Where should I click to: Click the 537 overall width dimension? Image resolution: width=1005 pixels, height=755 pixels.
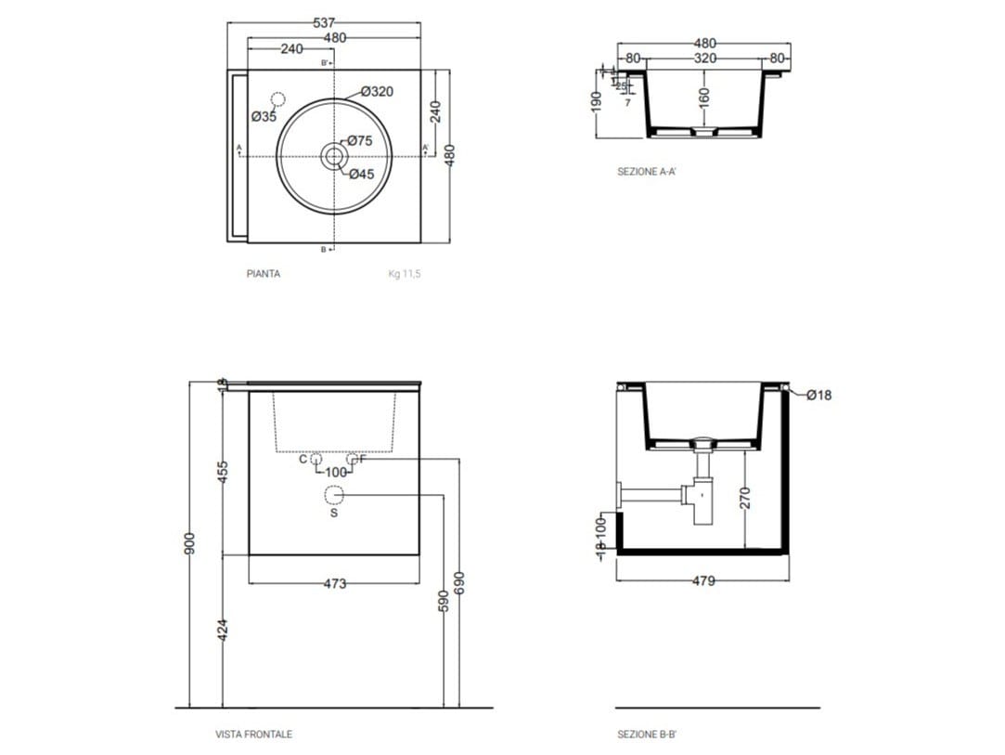point(324,22)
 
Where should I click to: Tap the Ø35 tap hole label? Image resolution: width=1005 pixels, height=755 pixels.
point(264,117)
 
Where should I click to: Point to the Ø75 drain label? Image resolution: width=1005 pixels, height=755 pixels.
point(360,141)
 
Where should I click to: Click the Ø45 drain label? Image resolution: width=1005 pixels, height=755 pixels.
point(361,174)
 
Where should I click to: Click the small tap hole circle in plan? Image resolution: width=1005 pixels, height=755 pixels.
point(278,99)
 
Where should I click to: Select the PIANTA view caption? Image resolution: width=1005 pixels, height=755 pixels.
point(264,274)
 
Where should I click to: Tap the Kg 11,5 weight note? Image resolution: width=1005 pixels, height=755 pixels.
point(405,274)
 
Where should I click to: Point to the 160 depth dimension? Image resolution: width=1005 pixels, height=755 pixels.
point(704,96)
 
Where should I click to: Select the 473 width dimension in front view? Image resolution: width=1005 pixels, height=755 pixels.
point(335,584)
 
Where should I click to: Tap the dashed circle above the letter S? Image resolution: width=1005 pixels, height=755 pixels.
point(335,495)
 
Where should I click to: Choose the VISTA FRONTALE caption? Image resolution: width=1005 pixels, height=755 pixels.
point(254,734)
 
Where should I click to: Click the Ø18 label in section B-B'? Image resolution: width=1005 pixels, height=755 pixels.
point(819,395)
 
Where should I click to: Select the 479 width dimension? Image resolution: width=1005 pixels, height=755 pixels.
point(704,581)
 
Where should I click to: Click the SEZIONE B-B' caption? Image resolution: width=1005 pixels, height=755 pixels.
point(647,734)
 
